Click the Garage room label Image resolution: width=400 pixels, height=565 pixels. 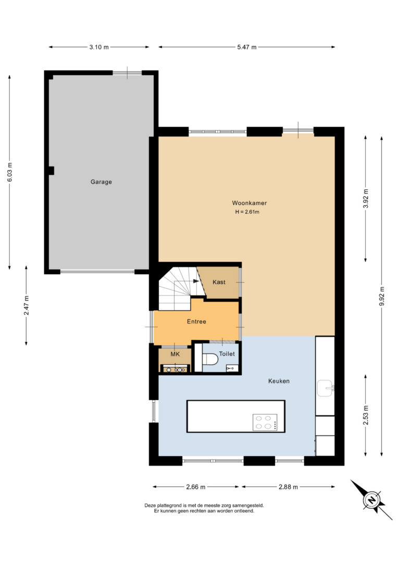coord(101,182)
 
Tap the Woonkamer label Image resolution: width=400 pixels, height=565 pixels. coord(249,203)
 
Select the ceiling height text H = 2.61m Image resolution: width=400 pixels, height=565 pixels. coord(247,212)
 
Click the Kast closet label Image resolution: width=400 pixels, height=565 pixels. coord(219,282)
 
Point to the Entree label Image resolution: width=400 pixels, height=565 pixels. coord(196,322)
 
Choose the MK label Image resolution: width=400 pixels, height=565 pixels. coord(175,354)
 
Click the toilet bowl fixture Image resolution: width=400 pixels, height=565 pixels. coord(210,359)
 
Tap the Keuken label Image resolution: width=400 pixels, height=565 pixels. coord(279,381)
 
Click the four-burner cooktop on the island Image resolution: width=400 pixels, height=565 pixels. coord(265,422)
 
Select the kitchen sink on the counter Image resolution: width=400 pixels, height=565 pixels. coord(326,388)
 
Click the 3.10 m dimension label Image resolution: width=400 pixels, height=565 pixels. coord(99,47)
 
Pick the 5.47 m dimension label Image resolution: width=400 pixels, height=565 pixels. coord(247,47)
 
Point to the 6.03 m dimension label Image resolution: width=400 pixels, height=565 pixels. coord(10,172)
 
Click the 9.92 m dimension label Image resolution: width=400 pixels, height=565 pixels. coord(382,296)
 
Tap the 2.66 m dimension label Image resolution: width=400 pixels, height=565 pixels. coord(195,487)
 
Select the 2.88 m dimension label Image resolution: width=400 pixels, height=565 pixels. coord(288,487)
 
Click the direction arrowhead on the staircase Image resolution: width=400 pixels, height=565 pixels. coord(196,281)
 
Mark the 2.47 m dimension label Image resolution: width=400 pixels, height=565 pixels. coord(27,305)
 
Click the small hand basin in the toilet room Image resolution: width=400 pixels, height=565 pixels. coord(232,368)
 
